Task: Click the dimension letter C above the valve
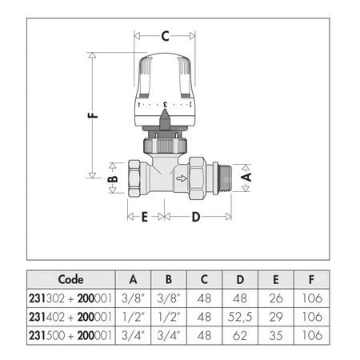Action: [165, 36]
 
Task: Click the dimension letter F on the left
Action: [93, 114]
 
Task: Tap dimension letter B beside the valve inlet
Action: [113, 183]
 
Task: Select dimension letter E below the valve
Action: [145, 216]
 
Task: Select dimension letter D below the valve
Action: [196, 216]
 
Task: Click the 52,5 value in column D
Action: [241, 316]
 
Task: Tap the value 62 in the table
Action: [241, 334]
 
